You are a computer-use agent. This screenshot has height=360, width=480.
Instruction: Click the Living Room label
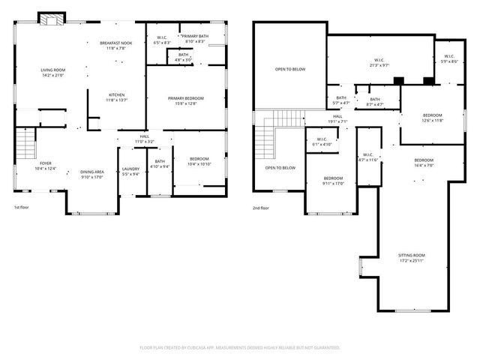tap(52, 72)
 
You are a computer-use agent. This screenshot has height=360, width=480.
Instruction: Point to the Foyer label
tap(46, 165)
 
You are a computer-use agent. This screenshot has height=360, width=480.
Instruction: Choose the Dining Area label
tap(92, 175)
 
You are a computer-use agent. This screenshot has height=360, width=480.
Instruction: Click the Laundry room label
tap(130, 171)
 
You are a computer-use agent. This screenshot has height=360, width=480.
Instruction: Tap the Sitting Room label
tap(411, 258)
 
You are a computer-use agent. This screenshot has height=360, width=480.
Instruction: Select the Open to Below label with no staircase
tap(289, 69)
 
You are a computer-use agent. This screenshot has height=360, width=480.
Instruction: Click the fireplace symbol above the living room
tap(52, 19)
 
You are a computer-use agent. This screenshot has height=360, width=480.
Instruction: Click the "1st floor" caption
tap(22, 207)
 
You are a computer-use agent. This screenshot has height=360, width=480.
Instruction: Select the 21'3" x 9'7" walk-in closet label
tap(379, 63)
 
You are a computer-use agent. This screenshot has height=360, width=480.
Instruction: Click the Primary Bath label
tap(194, 37)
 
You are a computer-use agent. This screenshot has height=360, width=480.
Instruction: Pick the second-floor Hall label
tap(337, 118)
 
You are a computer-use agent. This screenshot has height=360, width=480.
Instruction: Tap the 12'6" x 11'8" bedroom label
tap(433, 117)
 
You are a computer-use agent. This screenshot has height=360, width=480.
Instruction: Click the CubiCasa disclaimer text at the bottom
tap(240, 347)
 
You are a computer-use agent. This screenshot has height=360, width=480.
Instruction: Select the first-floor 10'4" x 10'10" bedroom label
tap(199, 161)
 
